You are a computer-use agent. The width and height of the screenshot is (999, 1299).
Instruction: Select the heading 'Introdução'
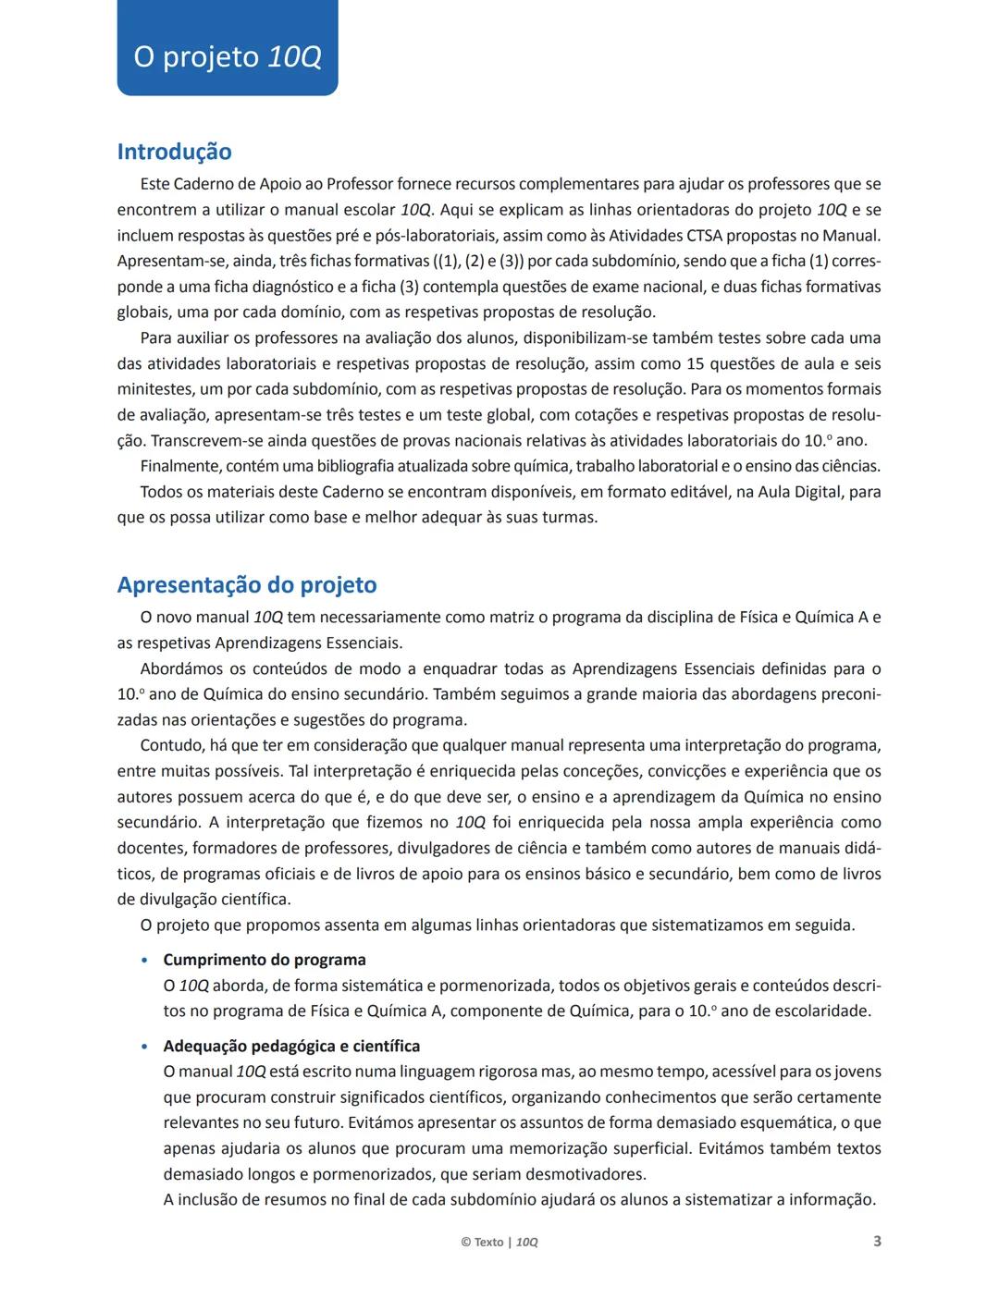tap(174, 152)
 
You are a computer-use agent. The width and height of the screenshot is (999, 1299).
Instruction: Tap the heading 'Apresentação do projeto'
tap(247, 585)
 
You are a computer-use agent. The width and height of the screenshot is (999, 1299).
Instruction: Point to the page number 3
tap(877, 1241)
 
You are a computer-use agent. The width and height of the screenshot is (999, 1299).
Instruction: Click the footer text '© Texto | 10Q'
tap(499, 1242)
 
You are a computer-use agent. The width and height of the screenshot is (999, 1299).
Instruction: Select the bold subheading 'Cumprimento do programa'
tap(265, 960)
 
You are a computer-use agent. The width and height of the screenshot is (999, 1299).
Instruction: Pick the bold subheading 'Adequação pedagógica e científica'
tap(291, 1046)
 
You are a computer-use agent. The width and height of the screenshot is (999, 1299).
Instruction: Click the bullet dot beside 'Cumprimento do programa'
tap(143, 961)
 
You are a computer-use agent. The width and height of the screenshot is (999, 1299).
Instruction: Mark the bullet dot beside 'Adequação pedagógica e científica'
tap(143, 1047)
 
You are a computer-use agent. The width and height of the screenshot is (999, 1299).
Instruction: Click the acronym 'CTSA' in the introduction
tap(707, 236)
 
